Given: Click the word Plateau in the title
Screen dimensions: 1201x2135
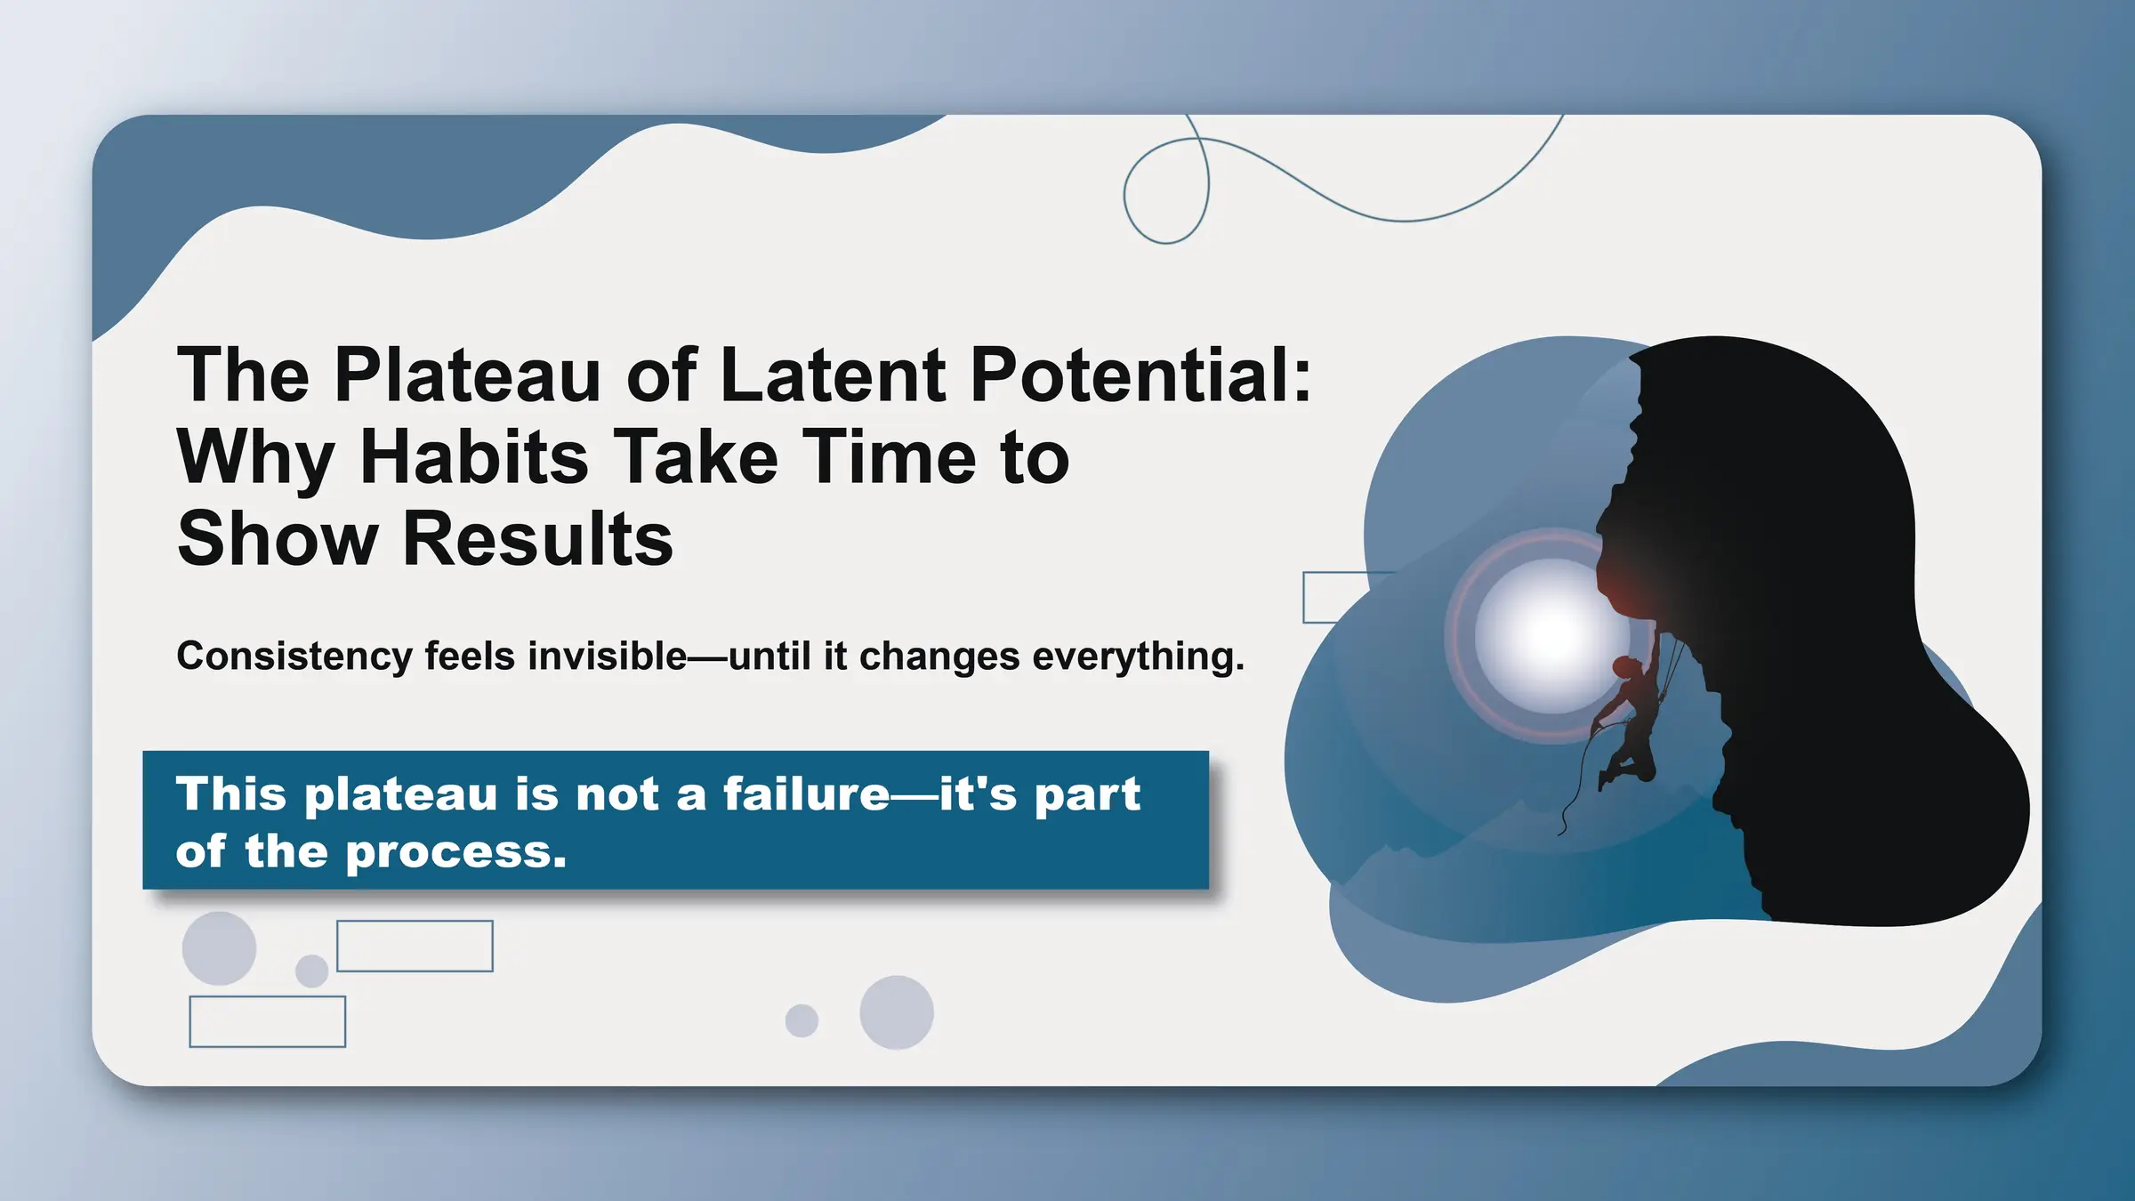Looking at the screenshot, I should (468, 375).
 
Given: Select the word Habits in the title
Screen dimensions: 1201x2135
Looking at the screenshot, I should (473, 457).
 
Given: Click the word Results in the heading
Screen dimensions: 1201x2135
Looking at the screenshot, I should (537, 539).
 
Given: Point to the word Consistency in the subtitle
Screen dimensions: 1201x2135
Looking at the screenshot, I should (294, 657).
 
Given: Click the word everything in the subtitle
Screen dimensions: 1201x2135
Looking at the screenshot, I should (1138, 657).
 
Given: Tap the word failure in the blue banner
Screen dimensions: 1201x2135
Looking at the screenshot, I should (806, 794).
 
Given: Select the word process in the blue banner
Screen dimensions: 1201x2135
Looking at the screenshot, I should (455, 851).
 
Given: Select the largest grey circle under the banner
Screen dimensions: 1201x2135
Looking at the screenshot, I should (219, 947).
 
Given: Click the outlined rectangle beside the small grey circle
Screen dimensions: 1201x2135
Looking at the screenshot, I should (415, 946).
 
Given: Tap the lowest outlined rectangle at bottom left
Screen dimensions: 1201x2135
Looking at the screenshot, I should (267, 1021).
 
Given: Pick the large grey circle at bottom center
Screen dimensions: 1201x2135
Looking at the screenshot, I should (896, 1012).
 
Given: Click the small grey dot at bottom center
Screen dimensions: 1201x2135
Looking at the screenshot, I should (802, 1020).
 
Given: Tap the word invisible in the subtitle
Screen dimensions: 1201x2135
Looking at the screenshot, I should (607, 657).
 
